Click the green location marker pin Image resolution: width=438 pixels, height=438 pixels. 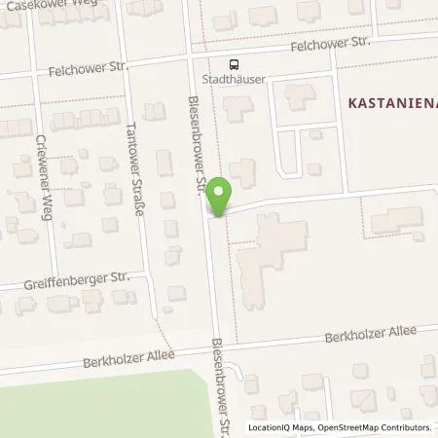pyautogui.click(x=221, y=196)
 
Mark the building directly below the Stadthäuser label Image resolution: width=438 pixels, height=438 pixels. pyautogui.click(x=234, y=108)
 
